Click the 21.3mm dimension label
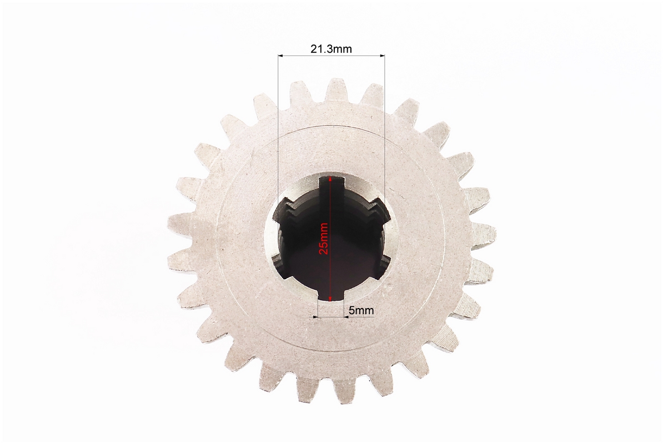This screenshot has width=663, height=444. (x=331, y=49)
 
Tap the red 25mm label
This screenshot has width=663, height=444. (x=324, y=238)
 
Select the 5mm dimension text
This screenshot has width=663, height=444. (x=361, y=310)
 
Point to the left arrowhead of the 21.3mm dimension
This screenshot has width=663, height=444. (x=281, y=56)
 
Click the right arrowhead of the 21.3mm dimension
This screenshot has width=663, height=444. (x=382, y=56)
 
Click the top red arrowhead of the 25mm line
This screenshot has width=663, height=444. (x=330, y=180)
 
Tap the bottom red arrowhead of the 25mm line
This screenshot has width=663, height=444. (x=330, y=297)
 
